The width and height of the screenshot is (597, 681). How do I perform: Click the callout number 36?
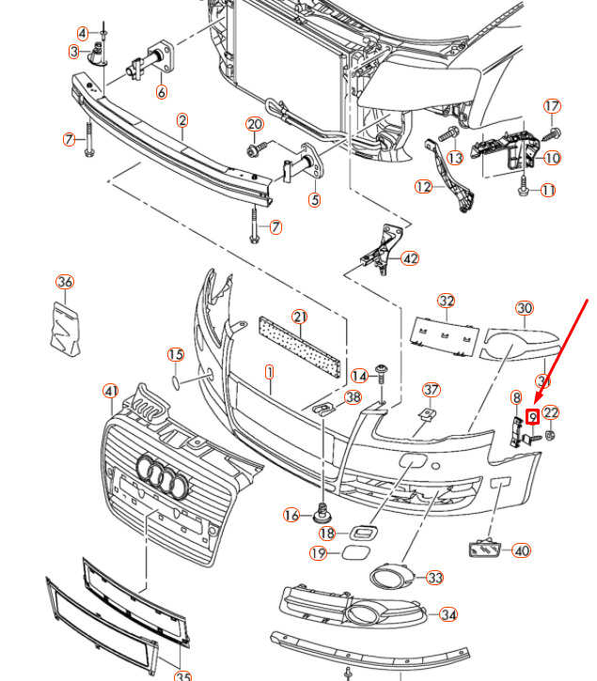coord(64,282)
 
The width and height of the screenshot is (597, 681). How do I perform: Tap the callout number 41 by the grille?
coord(111,391)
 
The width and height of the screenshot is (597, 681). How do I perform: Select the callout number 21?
coord(300,317)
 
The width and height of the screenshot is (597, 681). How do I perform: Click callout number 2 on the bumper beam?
coord(181,120)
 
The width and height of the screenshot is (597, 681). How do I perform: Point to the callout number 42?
coord(410,258)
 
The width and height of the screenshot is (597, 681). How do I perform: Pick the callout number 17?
coord(552,106)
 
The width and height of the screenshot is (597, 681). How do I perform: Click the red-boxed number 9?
coord(533,416)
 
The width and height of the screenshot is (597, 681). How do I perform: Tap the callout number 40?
coord(522,550)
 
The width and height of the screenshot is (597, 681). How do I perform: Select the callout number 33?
coord(434,578)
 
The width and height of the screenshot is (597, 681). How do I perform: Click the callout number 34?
coord(449,615)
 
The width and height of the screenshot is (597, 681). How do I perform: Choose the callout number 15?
coord(176,354)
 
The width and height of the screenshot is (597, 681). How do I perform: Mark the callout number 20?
coord(255,124)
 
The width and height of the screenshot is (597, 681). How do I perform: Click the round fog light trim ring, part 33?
coord(387,577)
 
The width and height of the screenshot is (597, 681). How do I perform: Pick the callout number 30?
coord(524,308)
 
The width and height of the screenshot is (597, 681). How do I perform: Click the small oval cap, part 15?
coord(177,382)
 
